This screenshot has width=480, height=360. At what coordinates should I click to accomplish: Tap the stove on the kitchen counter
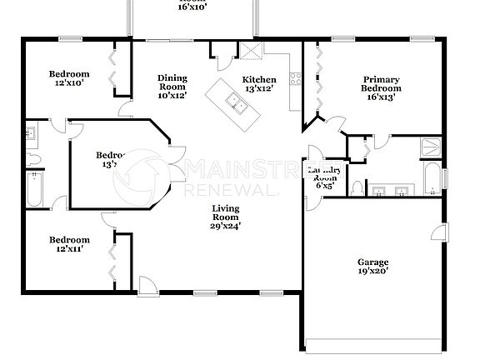(294, 81)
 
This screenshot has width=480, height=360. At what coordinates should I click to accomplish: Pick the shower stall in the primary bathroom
(428, 147)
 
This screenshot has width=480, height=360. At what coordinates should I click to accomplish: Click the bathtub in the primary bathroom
(432, 178)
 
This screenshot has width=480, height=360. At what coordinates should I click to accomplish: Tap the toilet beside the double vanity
(357, 187)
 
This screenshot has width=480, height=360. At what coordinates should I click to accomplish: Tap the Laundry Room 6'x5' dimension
(323, 186)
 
